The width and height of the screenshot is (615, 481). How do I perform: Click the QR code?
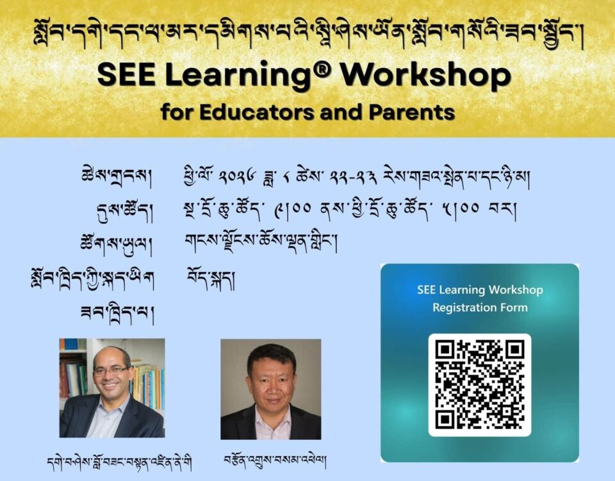pyautogui.click(x=479, y=385)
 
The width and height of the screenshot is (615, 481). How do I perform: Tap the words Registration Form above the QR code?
pyautogui.click(x=480, y=307)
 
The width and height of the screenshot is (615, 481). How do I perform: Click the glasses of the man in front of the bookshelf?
pyautogui.click(x=111, y=370)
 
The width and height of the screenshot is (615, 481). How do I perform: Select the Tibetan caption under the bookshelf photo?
pyautogui.click(x=120, y=463)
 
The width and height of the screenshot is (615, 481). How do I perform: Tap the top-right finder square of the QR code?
pyautogui.click(x=515, y=350)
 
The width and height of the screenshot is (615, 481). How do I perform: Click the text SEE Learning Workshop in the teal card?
pyautogui.click(x=480, y=290)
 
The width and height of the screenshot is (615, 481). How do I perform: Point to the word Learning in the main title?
pyautogui.click(x=246, y=76)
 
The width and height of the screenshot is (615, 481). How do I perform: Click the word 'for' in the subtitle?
pyautogui.click(x=177, y=112)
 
